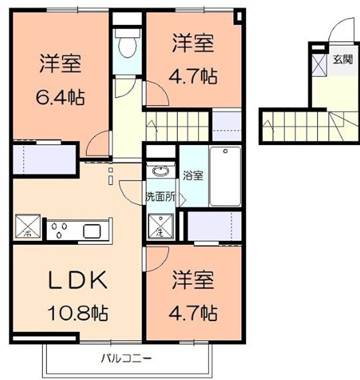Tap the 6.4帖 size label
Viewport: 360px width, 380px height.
[x=60, y=97]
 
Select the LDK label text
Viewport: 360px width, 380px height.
[x=78, y=280]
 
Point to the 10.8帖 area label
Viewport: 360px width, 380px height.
[x=78, y=313]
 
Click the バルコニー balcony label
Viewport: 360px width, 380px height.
[x=126, y=358]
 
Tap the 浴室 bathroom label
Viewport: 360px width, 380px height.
[x=193, y=175]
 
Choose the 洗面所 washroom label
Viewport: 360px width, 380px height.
[x=160, y=197]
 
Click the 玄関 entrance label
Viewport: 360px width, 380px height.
[x=343, y=59]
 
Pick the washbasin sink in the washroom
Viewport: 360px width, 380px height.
[x=160, y=171]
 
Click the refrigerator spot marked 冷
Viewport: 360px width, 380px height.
[x=28, y=226]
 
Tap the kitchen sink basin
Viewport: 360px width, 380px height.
[x=92, y=231]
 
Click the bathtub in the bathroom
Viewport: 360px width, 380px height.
[x=225, y=176]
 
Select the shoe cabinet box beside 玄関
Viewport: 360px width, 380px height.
[x=319, y=64]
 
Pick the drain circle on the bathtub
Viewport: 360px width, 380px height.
[x=225, y=151]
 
